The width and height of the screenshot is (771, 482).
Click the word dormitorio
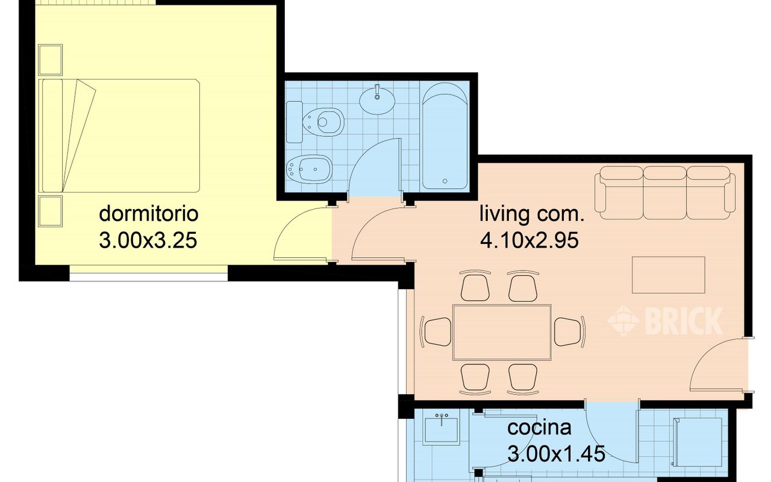[149, 213]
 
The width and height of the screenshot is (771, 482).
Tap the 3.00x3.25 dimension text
[148, 240]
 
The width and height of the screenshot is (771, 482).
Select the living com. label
[532, 213]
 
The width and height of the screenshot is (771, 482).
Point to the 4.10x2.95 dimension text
[529, 240]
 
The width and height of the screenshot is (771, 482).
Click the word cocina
[539, 428]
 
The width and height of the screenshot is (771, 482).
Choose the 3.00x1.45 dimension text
[557, 454]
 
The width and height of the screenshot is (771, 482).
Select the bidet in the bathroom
[309, 169]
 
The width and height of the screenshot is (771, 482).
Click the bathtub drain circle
[445, 181]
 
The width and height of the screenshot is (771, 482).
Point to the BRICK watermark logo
[666, 321]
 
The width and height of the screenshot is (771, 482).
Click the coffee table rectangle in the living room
[669, 275]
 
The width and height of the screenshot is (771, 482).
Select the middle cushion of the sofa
[664, 193]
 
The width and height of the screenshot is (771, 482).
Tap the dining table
[502, 332]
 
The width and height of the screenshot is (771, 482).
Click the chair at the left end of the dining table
[435, 332]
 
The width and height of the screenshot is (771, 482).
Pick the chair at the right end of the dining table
[569, 332]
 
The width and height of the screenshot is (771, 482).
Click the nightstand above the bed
[50, 60]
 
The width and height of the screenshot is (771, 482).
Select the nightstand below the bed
[50, 211]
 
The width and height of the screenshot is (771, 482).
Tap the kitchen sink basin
[442, 430]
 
